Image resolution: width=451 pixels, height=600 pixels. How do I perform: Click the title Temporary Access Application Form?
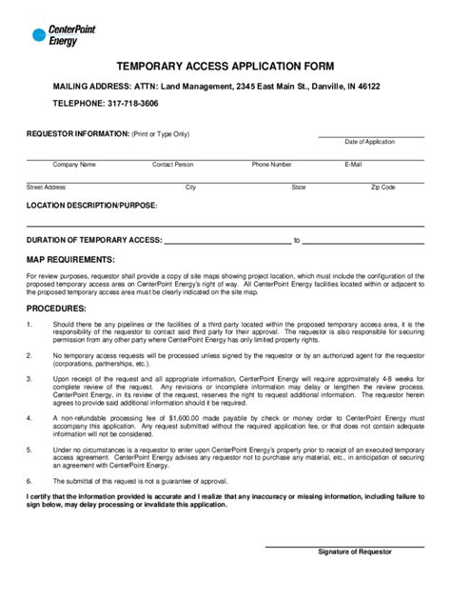(x=225, y=67)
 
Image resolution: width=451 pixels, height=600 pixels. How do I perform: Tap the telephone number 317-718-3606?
(x=132, y=102)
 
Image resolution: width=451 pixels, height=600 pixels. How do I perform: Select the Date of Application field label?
(x=370, y=141)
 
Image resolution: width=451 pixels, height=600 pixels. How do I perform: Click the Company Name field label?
(x=74, y=165)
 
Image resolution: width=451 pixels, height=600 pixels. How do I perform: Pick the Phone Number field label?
(x=271, y=165)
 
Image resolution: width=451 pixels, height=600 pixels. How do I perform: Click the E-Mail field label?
(x=353, y=165)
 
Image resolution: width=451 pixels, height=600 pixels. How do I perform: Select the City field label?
(x=191, y=188)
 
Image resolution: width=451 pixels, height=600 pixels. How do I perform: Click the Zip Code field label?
(x=382, y=188)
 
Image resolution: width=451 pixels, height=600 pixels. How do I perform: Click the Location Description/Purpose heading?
(x=91, y=206)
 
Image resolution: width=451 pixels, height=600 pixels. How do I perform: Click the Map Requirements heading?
(x=70, y=259)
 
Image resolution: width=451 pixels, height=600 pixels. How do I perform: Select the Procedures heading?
(x=56, y=310)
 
